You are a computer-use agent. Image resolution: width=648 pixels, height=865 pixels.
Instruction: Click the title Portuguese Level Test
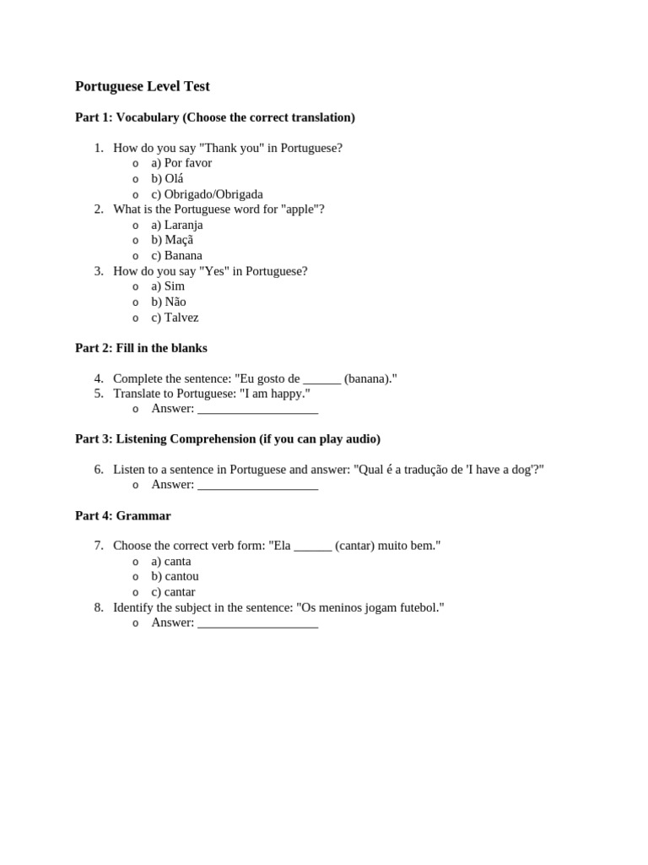pyautogui.click(x=142, y=86)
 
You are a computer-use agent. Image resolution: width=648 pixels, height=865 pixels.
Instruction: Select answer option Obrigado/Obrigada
pyautogui.click(x=207, y=194)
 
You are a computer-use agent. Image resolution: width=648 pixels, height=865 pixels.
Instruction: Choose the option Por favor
pyautogui.click(x=181, y=163)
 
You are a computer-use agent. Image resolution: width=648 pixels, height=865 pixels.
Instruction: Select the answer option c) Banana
pyautogui.click(x=176, y=255)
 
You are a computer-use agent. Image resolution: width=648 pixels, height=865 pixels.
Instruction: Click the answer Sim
pyautogui.click(x=168, y=286)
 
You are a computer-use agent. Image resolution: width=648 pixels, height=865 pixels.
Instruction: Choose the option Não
pyautogui.click(x=169, y=302)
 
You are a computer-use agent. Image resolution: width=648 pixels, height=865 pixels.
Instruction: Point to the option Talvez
pyautogui.click(x=175, y=318)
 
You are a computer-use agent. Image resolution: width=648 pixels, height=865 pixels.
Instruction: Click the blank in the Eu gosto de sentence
pyautogui.click(x=321, y=379)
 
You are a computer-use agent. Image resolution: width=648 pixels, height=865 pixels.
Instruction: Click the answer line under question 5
pyautogui.click(x=257, y=410)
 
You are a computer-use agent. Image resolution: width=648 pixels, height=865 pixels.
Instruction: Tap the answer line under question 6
pyautogui.click(x=257, y=486)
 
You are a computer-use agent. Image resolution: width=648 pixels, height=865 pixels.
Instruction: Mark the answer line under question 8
pyautogui.click(x=257, y=624)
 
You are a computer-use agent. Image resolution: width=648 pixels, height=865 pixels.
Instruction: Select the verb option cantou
pyautogui.click(x=175, y=577)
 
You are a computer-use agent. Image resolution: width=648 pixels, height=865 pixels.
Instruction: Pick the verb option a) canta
pyautogui.click(x=171, y=562)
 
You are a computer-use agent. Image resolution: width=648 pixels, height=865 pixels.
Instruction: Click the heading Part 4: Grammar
pyautogui.click(x=122, y=515)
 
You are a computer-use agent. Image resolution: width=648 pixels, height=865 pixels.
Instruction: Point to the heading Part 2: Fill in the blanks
pyautogui.click(x=141, y=348)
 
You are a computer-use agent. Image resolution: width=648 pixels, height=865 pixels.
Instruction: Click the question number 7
pyautogui.click(x=99, y=547)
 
